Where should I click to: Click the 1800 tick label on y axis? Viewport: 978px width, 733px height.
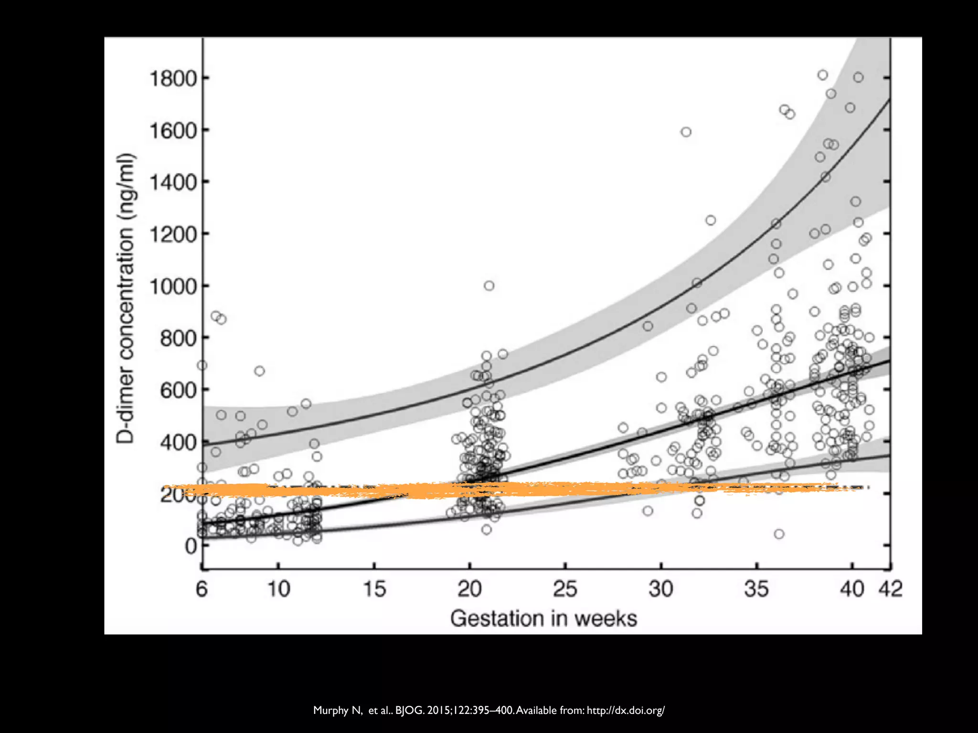click(x=173, y=79)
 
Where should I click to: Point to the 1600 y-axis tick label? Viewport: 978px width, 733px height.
click(x=173, y=130)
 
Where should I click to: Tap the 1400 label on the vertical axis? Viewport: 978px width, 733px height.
click(x=173, y=182)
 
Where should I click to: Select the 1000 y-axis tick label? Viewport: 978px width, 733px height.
click(x=173, y=287)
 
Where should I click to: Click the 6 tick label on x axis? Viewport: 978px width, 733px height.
click(x=202, y=589)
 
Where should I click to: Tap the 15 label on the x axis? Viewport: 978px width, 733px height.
click(x=374, y=589)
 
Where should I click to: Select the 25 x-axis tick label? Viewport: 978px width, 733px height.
click(x=565, y=589)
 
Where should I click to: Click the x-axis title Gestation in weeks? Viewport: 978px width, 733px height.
click(x=543, y=619)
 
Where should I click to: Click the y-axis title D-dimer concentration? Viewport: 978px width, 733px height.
click(x=126, y=298)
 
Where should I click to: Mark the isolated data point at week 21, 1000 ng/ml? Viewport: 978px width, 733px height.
click(x=489, y=286)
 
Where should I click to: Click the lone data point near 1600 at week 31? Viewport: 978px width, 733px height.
click(x=686, y=132)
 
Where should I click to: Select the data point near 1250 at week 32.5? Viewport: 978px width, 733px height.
click(x=711, y=220)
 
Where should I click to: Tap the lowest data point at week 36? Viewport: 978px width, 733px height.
click(x=779, y=534)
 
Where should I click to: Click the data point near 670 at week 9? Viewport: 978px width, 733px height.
click(x=259, y=371)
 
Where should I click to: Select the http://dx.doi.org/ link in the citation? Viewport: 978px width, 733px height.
click(x=626, y=711)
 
